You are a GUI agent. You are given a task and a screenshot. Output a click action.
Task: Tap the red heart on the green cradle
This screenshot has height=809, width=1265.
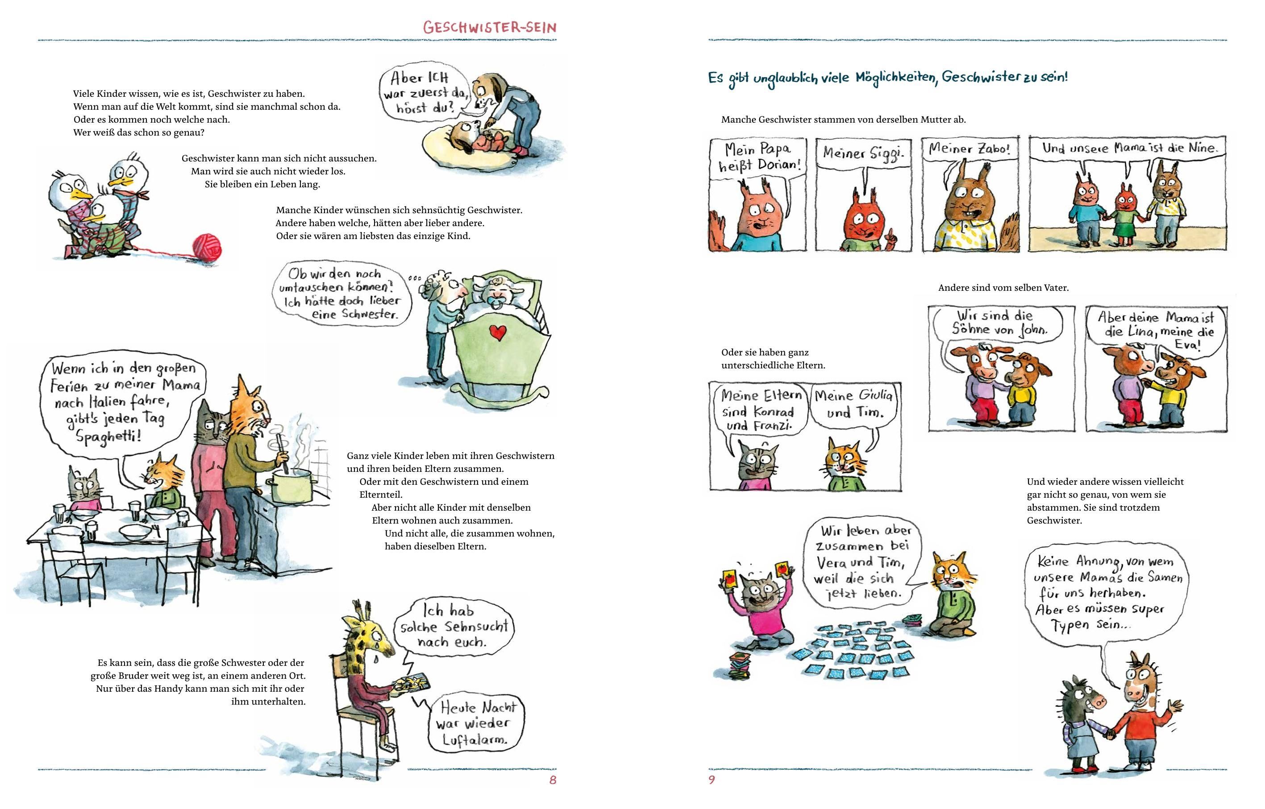coord(497,331)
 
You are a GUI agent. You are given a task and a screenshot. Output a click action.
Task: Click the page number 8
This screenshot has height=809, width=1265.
coord(553,780)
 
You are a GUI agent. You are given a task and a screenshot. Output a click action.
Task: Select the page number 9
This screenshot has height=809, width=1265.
coord(712,780)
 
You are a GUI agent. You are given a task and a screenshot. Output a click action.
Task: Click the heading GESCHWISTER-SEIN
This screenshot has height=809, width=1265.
coord(490,27)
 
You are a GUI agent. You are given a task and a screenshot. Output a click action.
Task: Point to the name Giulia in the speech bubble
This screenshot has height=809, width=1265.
coord(875,395)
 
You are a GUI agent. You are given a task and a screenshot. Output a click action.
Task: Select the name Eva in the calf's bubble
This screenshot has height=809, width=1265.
coord(1188,345)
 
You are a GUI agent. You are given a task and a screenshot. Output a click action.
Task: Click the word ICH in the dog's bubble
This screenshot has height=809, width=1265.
coord(437,78)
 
